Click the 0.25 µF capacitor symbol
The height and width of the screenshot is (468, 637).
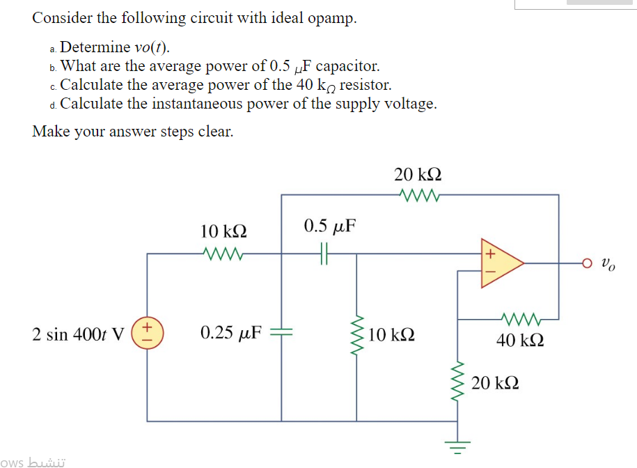point(282,334)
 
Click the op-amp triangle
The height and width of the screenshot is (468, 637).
point(498,263)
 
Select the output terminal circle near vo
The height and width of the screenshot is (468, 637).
point(588,264)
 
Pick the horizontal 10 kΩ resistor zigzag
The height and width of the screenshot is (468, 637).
point(223,254)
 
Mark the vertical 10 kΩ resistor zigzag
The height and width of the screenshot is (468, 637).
point(357,335)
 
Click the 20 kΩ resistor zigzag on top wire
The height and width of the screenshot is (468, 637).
point(418,194)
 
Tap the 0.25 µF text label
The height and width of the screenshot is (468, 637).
point(230,333)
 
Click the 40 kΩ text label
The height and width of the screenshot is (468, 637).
point(520,341)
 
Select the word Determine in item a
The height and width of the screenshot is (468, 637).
point(95,48)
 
